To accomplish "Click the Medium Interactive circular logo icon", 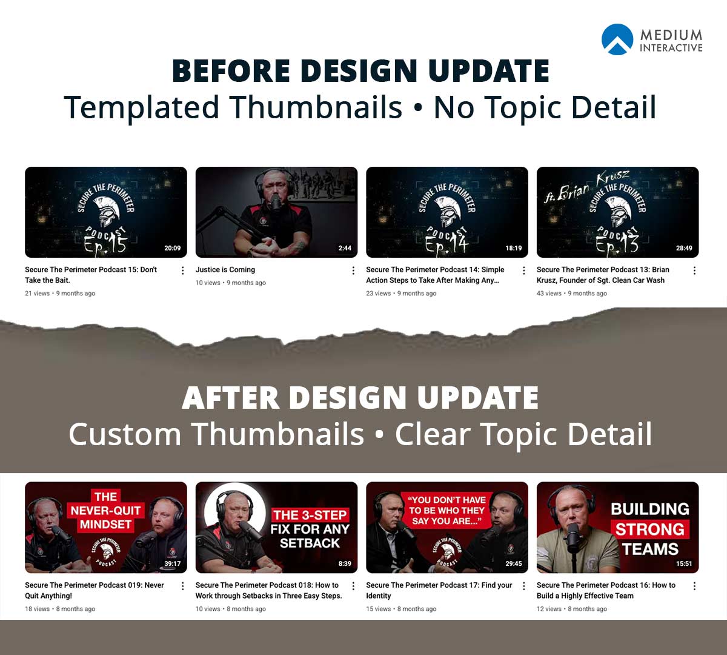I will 617,39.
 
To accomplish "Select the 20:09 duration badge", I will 172,248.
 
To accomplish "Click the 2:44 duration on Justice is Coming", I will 344,248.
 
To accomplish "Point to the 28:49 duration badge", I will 684,248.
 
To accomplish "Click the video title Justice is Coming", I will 225,270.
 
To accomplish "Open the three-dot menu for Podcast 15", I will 182,270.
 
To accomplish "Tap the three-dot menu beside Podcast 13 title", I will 694,270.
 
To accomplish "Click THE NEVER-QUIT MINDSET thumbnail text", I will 105,511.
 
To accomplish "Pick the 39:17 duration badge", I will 172,563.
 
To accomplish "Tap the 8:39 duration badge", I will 344,563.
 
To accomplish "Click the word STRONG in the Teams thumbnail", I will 649,529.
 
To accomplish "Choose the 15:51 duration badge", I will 684,563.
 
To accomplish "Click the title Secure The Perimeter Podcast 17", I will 439,585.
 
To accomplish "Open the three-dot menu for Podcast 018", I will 353,586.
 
